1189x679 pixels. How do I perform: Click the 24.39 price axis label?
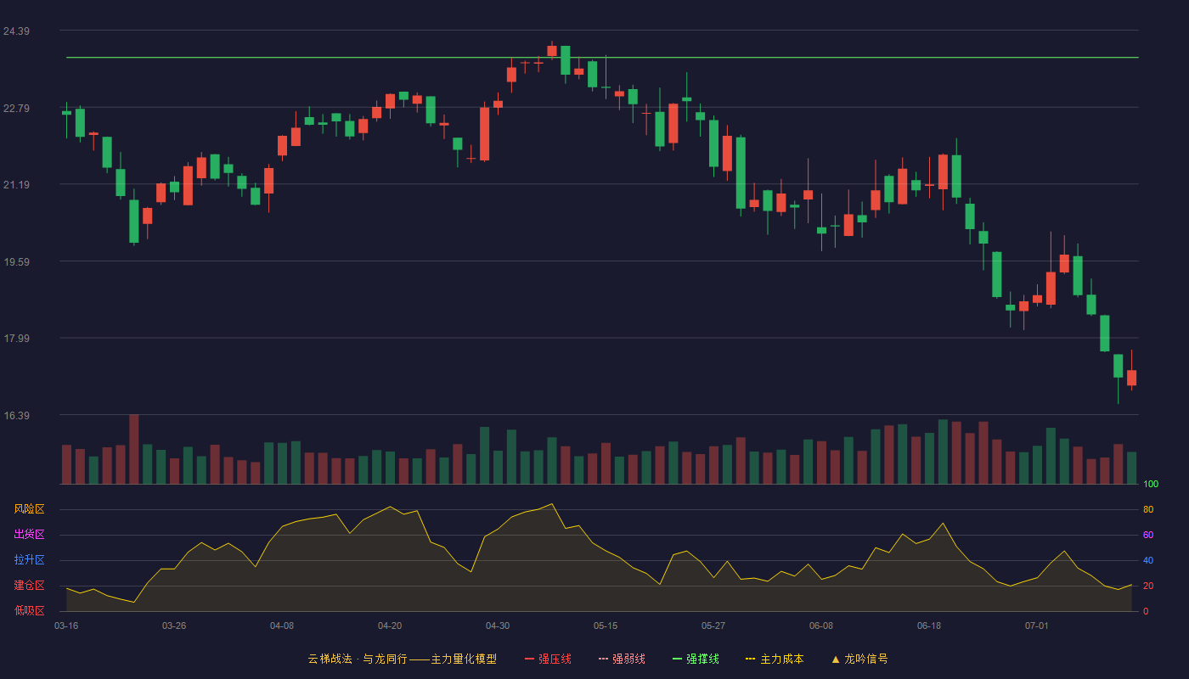click(x=16, y=31)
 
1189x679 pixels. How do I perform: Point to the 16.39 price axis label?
click(x=16, y=415)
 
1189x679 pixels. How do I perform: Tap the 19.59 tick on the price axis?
click(x=16, y=262)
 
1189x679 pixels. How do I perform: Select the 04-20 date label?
click(x=390, y=626)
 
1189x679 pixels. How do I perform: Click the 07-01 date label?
click(x=1037, y=626)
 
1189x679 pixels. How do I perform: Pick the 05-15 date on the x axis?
click(x=606, y=626)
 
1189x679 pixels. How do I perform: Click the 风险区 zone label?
click(x=29, y=508)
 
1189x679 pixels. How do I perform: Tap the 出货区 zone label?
click(x=29, y=534)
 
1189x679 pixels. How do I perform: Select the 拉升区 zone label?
click(x=29, y=559)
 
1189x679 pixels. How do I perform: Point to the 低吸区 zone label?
click(x=29, y=610)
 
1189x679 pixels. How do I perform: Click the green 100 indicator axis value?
click(x=1151, y=484)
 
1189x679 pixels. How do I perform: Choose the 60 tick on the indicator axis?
click(x=1148, y=535)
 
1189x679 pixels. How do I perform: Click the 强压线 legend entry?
click(x=548, y=659)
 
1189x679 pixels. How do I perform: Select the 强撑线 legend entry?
click(x=696, y=659)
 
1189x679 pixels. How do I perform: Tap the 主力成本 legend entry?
click(x=775, y=659)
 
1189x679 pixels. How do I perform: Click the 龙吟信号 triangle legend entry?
click(x=859, y=659)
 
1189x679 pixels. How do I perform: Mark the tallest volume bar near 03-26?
click(x=134, y=449)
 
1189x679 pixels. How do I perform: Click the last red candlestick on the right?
click(x=1131, y=377)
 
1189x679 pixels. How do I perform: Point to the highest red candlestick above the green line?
click(x=552, y=50)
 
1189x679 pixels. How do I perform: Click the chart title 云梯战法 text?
click(x=330, y=659)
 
